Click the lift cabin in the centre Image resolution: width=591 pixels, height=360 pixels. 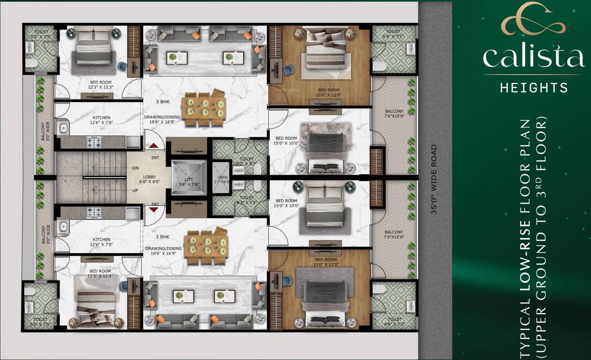pos(189,177)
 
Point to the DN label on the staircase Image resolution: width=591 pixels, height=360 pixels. pos(136,167)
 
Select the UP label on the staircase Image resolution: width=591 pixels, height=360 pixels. pos(136,191)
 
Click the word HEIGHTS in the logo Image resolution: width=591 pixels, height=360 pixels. pos(534,88)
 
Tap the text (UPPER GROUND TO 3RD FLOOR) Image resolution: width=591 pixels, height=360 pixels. pos(544,239)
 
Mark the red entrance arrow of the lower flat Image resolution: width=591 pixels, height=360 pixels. pos(153,210)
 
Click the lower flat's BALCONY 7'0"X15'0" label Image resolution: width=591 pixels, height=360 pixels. pos(394,234)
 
